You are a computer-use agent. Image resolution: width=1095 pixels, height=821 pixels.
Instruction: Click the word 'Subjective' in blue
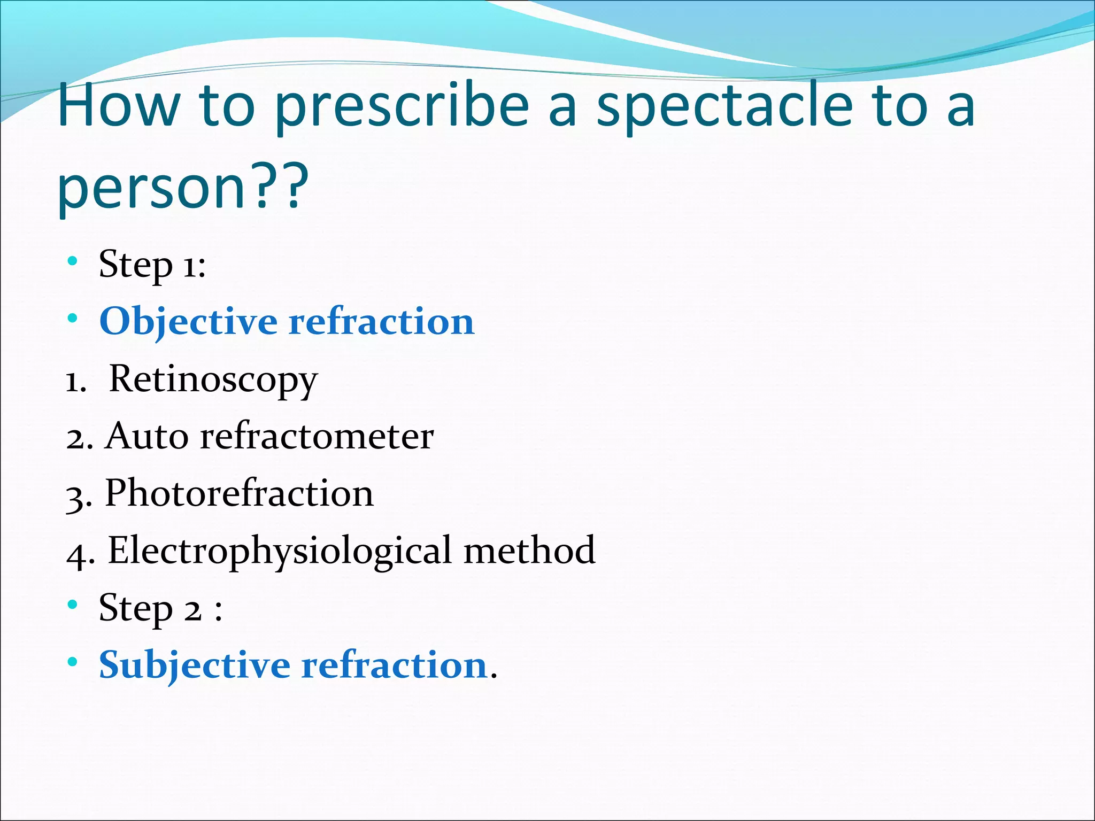point(194,666)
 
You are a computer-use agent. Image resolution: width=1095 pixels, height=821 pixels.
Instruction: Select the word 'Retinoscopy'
point(213,379)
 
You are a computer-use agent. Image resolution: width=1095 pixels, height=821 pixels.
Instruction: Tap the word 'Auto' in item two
point(147,436)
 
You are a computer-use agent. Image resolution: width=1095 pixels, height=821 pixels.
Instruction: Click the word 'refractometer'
point(317,436)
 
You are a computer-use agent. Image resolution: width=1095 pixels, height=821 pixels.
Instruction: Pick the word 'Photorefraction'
point(239,493)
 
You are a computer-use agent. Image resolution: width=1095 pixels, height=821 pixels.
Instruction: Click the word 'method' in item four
point(529,550)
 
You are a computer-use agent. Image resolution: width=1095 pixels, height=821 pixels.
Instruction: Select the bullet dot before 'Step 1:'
point(73,262)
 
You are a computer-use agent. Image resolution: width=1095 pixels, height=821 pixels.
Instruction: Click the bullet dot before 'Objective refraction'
point(73,319)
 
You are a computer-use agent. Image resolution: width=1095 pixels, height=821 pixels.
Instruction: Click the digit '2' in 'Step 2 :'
point(193,610)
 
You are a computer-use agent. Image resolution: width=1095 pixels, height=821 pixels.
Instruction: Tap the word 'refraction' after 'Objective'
point(381,322)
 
